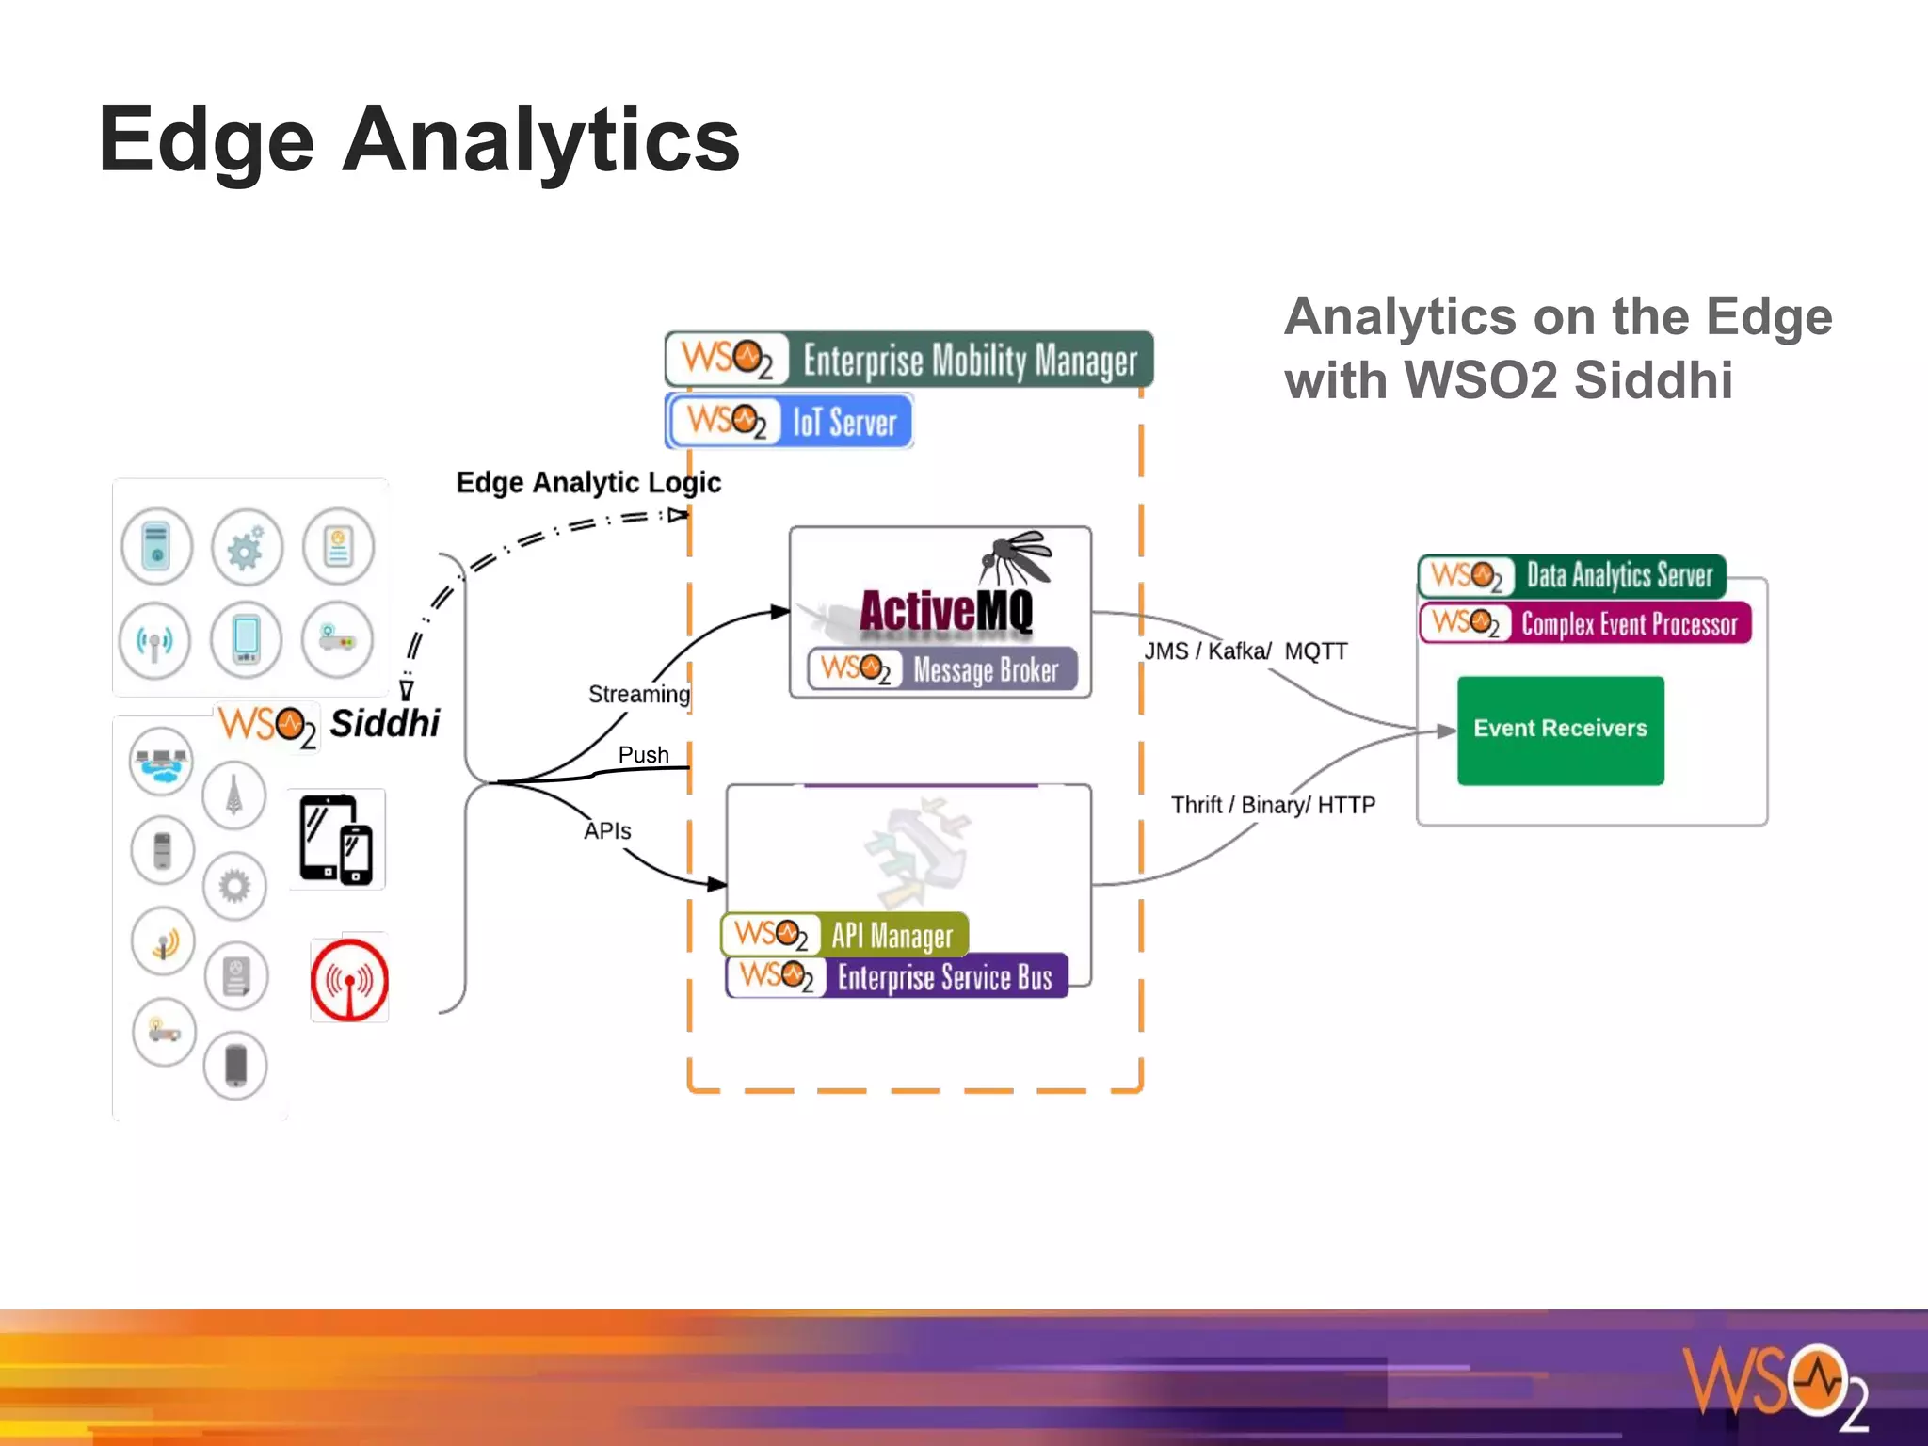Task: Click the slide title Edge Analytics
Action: coord(419,141)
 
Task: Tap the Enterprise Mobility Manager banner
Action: coord(908,360)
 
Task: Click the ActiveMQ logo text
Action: coord(945,610)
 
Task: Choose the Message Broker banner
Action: coord(941,669)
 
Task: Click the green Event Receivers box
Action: coord(1560,730)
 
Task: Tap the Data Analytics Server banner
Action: coord(1572,575)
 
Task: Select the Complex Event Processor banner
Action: coord(1585,623)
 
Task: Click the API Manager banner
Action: coord(844,935)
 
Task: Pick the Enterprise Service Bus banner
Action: coord(896,976)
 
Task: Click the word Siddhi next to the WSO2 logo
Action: coord(384,723)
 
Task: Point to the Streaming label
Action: coord(638,694)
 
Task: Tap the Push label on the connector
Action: coord(644,755)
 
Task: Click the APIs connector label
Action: coord(607,831)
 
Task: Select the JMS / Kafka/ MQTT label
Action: coord(1245,651)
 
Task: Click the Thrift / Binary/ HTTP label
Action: coord(1273,805)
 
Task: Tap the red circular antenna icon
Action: coord(349,980)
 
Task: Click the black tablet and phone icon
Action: coord(336,840)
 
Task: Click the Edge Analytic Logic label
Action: coord(588,483)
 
